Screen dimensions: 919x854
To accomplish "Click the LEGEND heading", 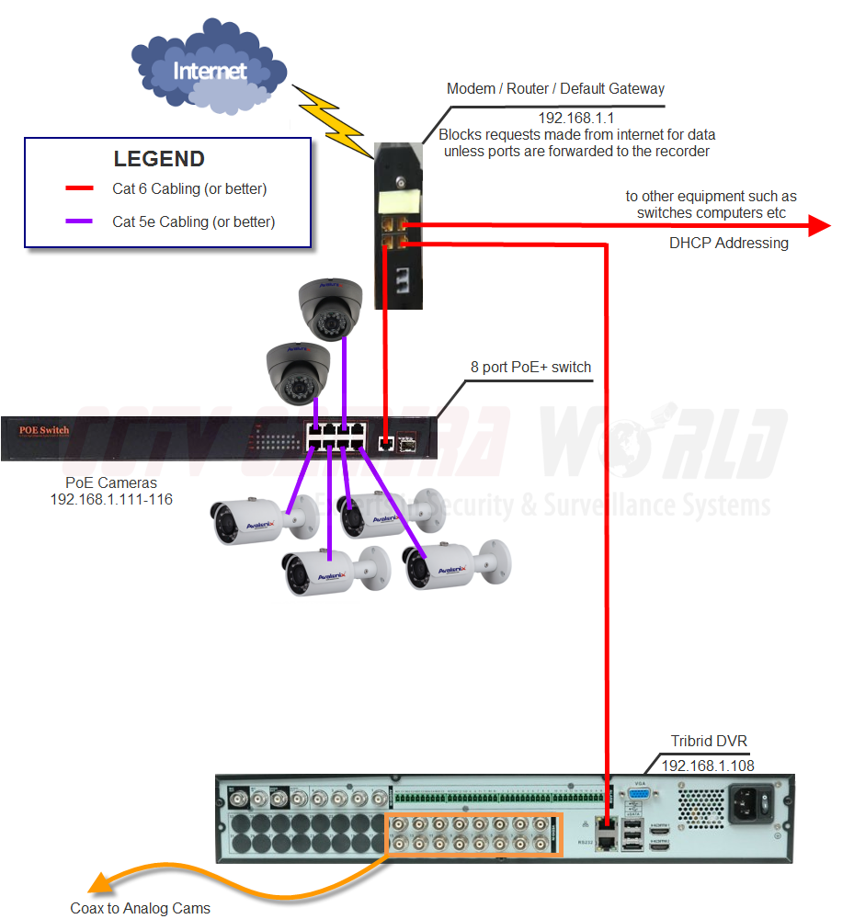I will [x=159, y=158].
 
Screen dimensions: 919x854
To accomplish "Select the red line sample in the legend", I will [x=79, y=190].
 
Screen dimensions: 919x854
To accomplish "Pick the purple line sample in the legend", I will [x=79, y=221].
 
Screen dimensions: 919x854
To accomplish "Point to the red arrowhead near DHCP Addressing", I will [x=817, y=225].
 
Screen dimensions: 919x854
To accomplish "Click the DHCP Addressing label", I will [x=729, y=244].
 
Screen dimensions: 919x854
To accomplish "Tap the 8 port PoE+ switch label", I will [x=530, y=367].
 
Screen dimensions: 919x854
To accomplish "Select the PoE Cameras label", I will [x=111, y=482].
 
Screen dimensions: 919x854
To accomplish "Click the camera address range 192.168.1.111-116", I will [x=111, y=499].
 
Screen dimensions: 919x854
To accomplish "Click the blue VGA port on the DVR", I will [x=640, y=798].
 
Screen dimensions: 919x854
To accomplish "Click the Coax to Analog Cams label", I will [x=141, y=908].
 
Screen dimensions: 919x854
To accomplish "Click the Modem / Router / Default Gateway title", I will [x=555, y=89].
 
